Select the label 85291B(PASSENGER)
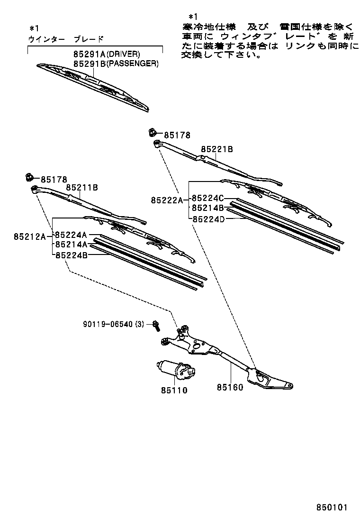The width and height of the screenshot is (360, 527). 116,64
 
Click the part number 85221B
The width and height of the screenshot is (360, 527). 217,149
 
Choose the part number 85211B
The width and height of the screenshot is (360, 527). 82,188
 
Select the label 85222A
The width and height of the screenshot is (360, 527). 167,200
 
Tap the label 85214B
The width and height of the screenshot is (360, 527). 207,208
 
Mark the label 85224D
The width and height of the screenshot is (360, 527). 207,218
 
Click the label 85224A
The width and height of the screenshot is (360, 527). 71,235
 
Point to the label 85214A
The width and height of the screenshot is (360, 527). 71,245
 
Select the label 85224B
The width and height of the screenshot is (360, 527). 71,255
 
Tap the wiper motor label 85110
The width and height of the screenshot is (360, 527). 173,391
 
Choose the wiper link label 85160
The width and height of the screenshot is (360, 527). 230,387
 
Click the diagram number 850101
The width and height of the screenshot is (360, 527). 332,507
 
